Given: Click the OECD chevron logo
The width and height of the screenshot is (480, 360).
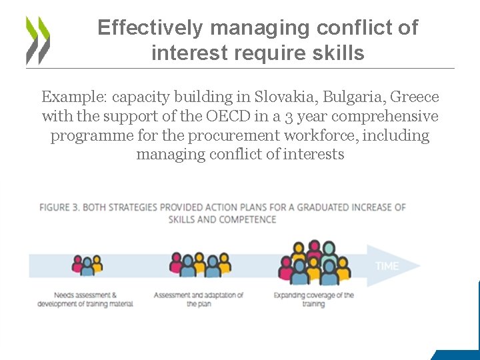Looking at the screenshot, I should [38, 39].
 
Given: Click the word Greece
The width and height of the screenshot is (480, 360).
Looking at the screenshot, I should [414, 97].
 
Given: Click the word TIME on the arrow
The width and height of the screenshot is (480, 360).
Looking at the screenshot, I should [387, 266].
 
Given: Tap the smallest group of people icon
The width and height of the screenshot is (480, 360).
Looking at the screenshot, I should [87, 265].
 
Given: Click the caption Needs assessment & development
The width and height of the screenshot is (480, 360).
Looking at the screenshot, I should [85, 299].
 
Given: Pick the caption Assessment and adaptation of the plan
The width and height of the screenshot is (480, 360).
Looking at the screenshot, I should [199, 299].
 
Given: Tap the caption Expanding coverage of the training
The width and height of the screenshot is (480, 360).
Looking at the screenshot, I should [314, 299].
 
